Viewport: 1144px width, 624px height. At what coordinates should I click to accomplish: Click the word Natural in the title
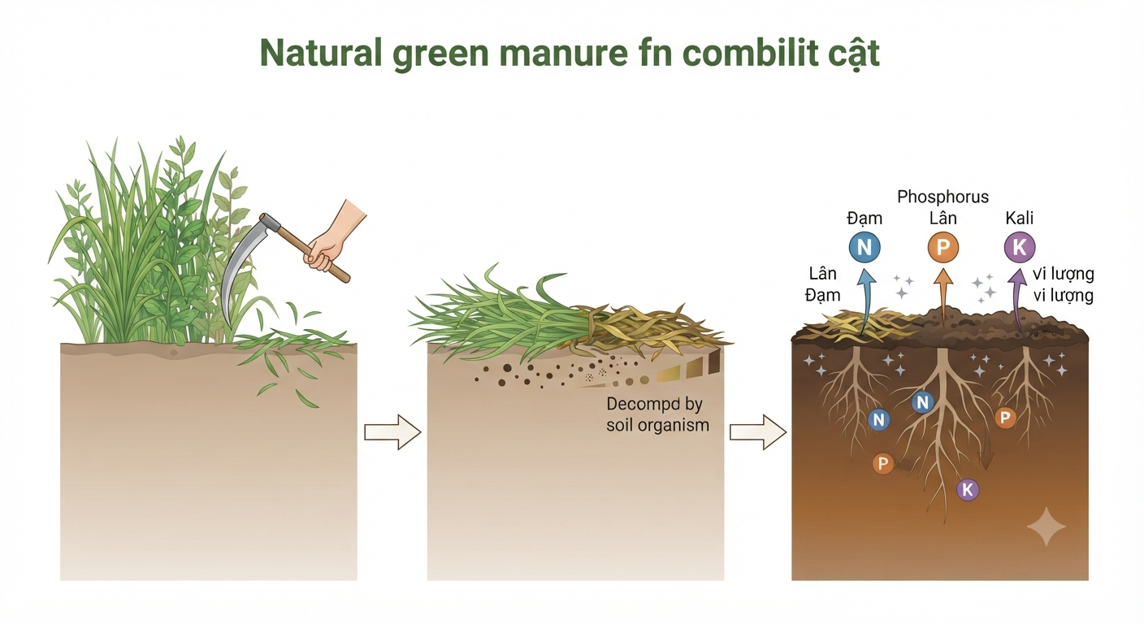(x=321, y=52)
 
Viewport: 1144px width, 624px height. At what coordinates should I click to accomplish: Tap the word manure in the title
(x=563, y=53)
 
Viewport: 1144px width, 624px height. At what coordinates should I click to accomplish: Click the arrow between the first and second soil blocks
(x=392, y=432)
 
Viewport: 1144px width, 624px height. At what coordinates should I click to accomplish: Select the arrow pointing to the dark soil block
(x=758, y=432)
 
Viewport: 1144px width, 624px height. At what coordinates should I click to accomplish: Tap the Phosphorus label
(x=942, y=197)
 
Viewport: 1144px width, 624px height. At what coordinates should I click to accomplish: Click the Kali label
(x=1020, y=218)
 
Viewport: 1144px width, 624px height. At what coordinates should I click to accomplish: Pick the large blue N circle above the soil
(x=864, y=247)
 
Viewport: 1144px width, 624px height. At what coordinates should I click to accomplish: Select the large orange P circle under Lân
(x=942, y=247)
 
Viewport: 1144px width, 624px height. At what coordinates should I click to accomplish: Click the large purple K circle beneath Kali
(x=1020, y=247)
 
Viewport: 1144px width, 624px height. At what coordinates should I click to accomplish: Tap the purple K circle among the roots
(x=968, y=490)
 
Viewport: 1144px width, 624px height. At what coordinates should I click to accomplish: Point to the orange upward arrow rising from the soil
(x=942, y=297)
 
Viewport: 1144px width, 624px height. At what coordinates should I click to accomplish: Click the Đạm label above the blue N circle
(x=864, y=219)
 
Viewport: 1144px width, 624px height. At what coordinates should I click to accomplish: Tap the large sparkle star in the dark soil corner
(x=1046, y=526)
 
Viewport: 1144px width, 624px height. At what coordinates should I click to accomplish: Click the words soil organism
(x=658, y=426)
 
